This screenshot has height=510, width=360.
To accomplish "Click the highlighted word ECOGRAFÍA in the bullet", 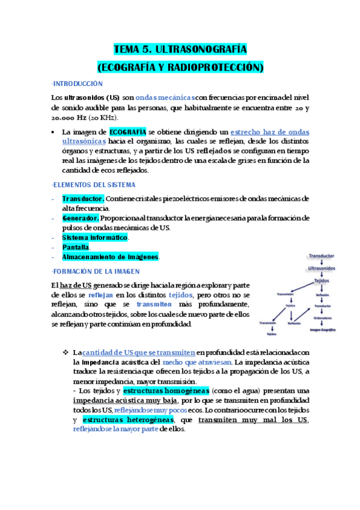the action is (127, 131).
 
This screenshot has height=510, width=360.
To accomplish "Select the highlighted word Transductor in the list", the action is (83, 198).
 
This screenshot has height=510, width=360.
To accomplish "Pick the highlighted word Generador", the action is (81, 218).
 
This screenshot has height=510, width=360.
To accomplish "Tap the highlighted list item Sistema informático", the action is (95, 238).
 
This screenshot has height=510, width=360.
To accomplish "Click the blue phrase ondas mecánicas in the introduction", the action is (165, 97).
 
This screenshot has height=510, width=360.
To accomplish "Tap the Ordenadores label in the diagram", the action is (323, 318).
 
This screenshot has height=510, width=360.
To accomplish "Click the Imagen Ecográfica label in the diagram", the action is (323, 330).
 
